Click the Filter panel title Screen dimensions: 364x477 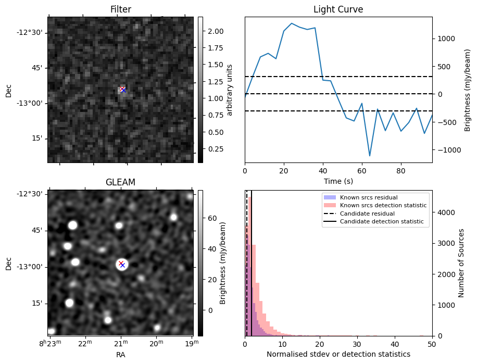[121, 9]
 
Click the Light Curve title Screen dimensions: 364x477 [338, 9]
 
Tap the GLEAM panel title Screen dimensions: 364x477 [120, 182]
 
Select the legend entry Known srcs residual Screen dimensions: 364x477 [369, 198]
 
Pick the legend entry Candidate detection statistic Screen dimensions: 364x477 [381, 222]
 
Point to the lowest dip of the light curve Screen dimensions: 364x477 [370, 156]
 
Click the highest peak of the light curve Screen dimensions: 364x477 [292, 23]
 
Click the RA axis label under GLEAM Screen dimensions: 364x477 [120, 355]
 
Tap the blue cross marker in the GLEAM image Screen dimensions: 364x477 [123, 266]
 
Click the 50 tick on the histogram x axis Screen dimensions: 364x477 [432, 344]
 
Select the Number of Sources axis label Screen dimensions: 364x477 [461, 262]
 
